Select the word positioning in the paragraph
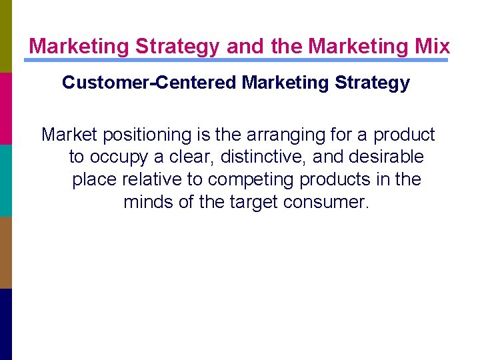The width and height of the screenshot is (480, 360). click(147, 135)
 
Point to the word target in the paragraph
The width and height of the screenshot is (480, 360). click(253, 201)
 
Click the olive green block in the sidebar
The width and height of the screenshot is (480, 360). click(6, 36)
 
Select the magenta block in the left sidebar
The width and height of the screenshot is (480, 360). click(6, 108)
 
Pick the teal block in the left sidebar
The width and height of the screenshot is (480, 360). click(6, 180)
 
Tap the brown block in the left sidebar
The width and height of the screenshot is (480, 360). click(6, 252)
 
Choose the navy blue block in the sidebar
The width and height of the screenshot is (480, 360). click(6, 324)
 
